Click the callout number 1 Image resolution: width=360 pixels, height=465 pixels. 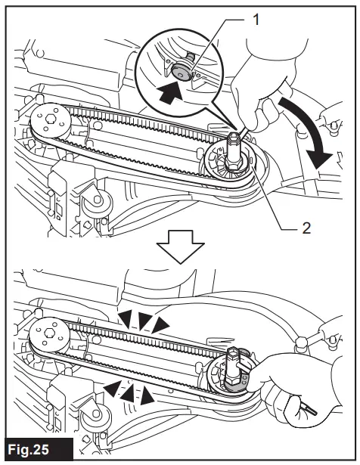pyautogui.click(x=256, y=20)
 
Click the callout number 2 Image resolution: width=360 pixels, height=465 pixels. pyautogui.click(x=306, y=228)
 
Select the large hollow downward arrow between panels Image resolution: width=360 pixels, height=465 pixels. pyautogui.click(x=180, y=246)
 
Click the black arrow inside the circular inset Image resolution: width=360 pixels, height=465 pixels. pyautogui.click(x=170, y=92)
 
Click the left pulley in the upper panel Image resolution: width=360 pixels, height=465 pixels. pyautogui.click(x=51, y=122)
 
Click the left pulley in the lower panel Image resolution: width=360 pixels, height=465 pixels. pyautogui.click(x=49, y=334)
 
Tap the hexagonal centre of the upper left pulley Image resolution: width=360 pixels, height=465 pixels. pyautogui.click(x=49, y=119)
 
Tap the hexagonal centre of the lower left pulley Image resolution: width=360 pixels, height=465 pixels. pyautogui.click(x=48, y=333)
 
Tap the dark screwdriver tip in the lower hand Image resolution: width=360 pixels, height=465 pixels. pyautogui.click(x=312, y=411)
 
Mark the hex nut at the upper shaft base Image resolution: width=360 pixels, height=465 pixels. pyautogui.click(x=234, y=163)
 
